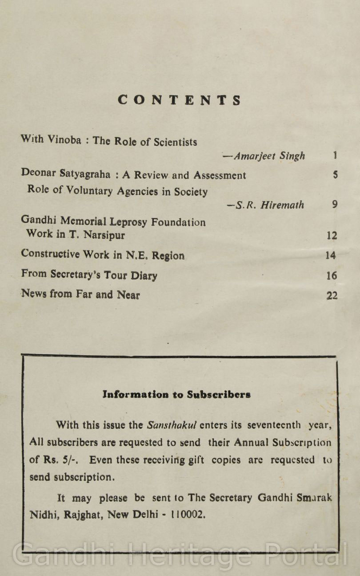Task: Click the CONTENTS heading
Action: [x=180, y=100]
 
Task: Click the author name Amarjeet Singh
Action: [x=264, y=156]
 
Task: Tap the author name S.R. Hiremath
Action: [x=265, y=205]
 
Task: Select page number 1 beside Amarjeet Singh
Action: [x=335, y=156]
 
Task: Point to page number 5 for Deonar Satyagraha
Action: [x=335, y=175]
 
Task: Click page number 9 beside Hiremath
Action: [x=335, y=204]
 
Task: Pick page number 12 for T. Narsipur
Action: [x=332, y=236]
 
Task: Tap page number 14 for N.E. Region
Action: [x=331, y=256]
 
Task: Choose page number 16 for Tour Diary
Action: [x=332, y=276]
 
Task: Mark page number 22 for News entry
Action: [x=332, y=296]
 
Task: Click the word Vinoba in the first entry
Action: [x=64, y=140]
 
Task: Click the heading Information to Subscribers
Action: [x=176, y=394]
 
